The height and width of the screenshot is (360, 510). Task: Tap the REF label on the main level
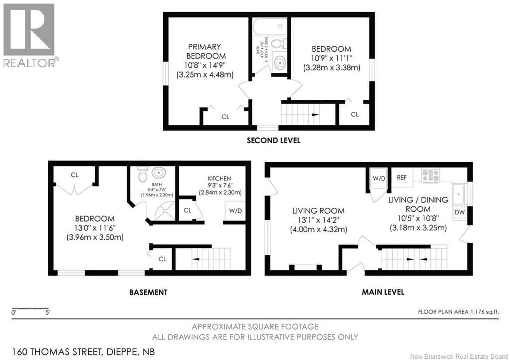point(402,177)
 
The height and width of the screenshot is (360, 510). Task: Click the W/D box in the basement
point(235,211)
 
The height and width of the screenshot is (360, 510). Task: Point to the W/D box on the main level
point(379,178)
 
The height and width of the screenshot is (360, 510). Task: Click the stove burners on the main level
point(431,175)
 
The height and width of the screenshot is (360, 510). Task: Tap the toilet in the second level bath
point(282,44)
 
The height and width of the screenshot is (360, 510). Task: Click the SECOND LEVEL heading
point(273,140)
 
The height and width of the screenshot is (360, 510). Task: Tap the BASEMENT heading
point(148,292)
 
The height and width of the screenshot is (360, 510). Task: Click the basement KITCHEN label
point(220,178)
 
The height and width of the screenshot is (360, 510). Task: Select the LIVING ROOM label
point(318,210)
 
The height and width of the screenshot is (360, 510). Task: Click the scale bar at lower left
point(30,309)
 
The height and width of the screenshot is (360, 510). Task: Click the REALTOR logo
point(29,35)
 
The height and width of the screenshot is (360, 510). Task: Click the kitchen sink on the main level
point(459,194)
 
